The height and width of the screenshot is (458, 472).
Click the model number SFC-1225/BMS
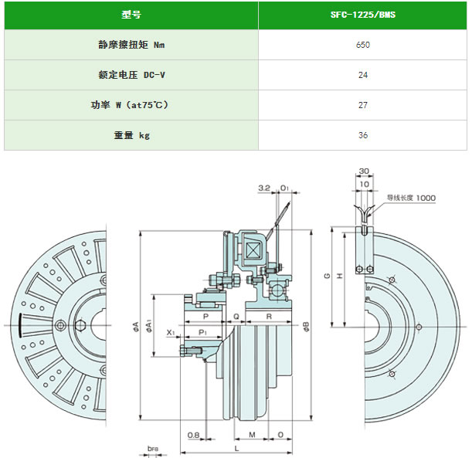(362, 15)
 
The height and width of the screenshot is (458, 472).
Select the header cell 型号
(131, 15)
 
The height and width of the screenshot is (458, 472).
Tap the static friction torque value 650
(362, 45)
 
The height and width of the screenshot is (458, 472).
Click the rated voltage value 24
(362, 75)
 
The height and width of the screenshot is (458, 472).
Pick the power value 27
(362, 105)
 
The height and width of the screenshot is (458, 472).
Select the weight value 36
(362, 135)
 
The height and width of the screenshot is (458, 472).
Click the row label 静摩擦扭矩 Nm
(131, 45)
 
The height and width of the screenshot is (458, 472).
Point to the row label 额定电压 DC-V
(131, 75)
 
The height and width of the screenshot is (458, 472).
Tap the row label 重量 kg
(131, 135)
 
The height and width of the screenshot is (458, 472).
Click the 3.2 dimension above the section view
(263, 188)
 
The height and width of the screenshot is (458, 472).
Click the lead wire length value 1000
(426, 198)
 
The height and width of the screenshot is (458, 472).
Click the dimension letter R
(267, 317)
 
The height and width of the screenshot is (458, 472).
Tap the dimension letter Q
(235, 317)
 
